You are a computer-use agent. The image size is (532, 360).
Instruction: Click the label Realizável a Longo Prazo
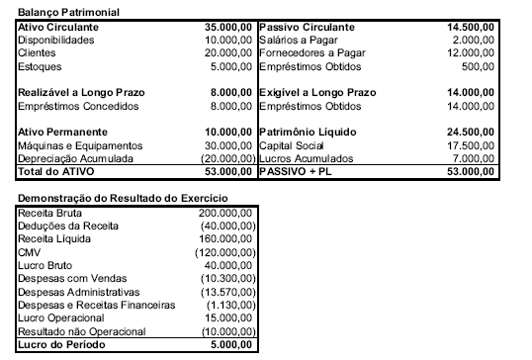click(x=75, y=92)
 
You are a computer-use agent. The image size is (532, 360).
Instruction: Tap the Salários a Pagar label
click(x=298, y=41)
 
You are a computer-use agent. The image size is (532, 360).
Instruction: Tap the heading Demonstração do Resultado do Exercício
click(x=106, y=200)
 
